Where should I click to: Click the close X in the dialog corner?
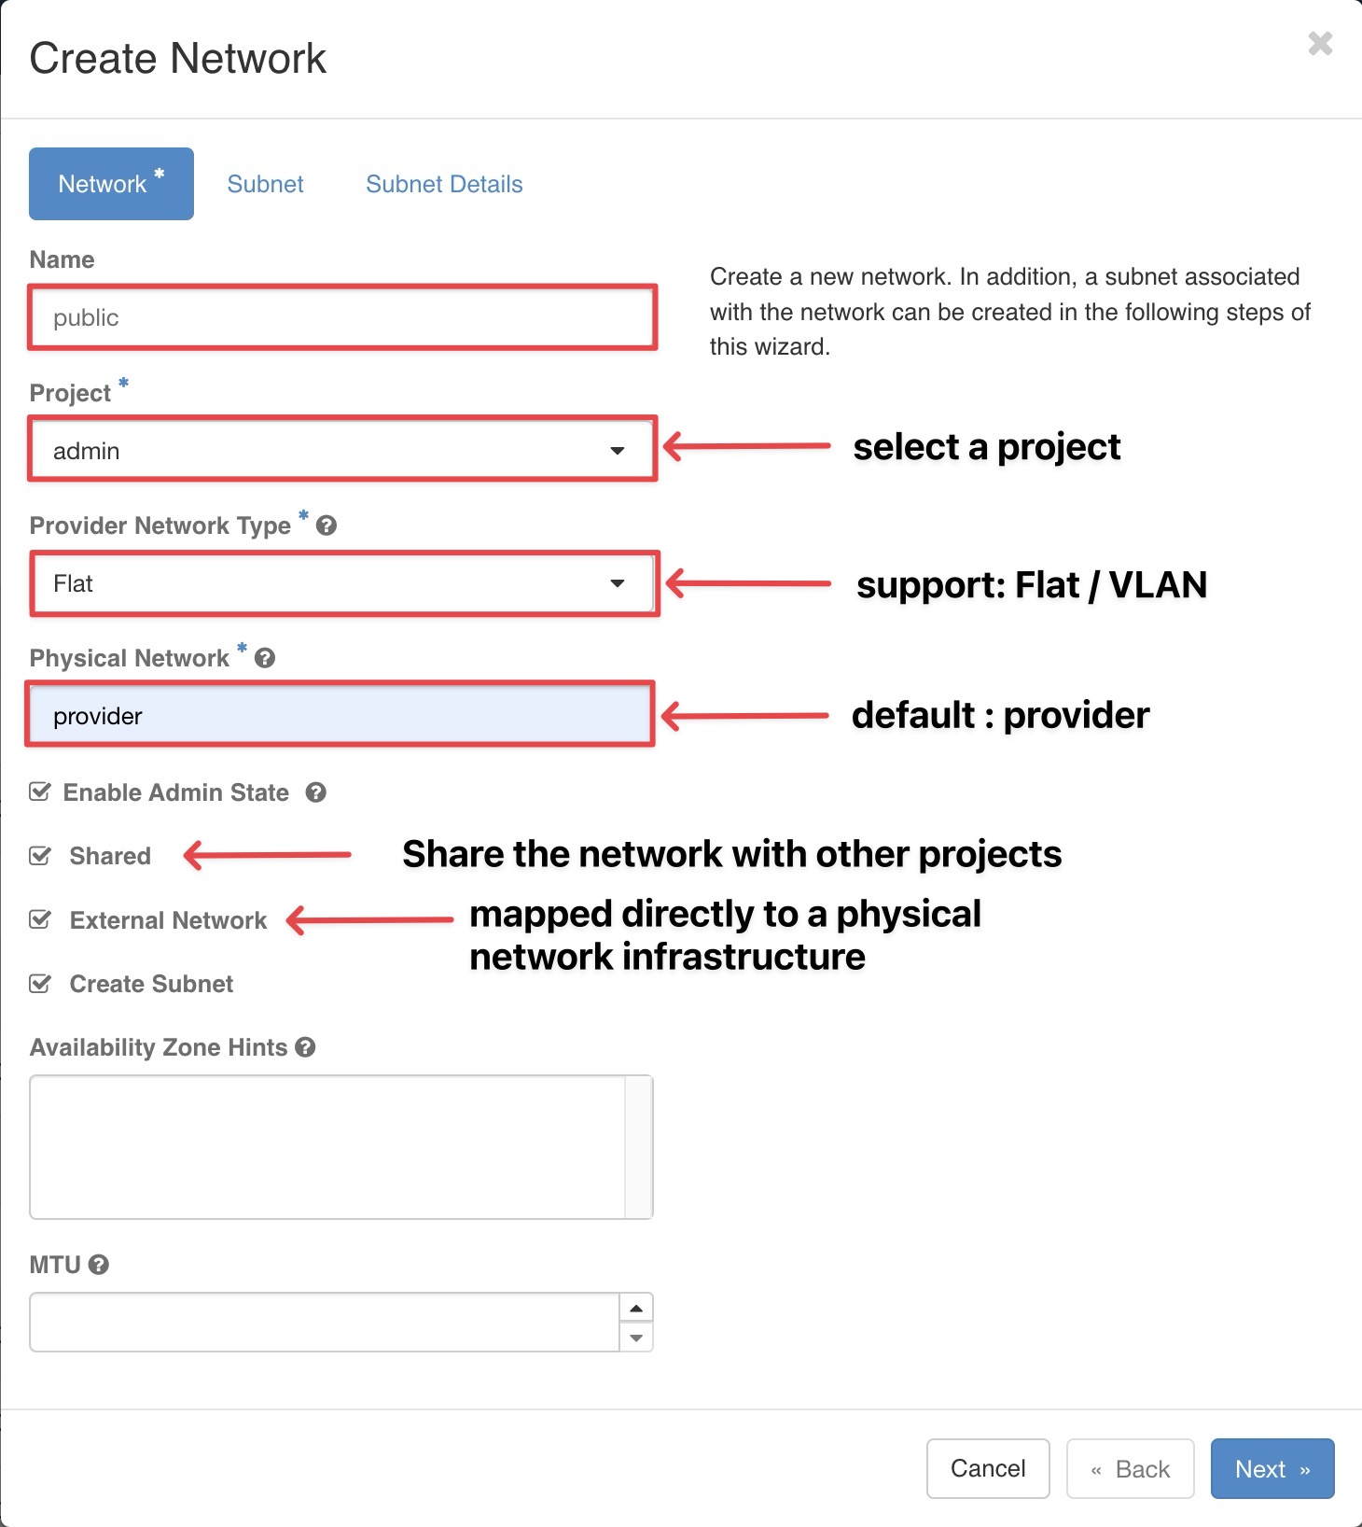click(1320, 43)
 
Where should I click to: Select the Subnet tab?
click(265, 184)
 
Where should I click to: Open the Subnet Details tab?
click(444, 184)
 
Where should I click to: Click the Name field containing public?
click(342, 317)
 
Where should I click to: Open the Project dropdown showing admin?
click(342, 450)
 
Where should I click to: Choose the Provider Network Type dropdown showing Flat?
click(342, 583)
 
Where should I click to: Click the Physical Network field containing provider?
click(340, 715)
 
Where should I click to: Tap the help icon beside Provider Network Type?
click(326, 525)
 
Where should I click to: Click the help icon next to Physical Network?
click(265, 658)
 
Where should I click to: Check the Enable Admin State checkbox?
click(39, 792)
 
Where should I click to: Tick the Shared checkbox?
click(39, 856)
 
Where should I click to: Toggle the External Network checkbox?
click(39, 919)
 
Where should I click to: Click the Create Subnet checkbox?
click(39, 984)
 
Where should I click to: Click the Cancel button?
click(988, 1468)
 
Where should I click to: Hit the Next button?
click(1272, 1468)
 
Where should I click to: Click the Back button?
click(1131, 1468)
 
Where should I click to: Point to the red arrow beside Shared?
click(267, 854)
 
